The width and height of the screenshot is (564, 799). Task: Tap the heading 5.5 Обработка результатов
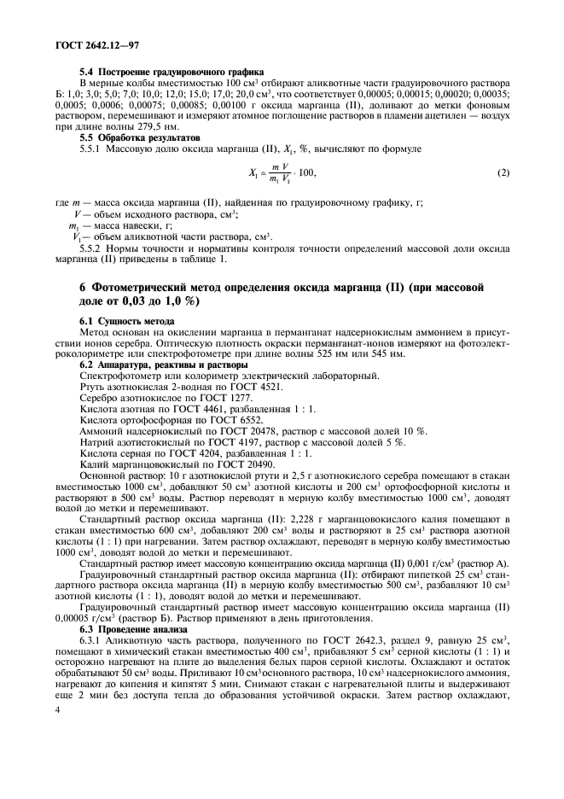point(140,137)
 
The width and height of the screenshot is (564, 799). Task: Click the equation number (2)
point(503,174)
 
